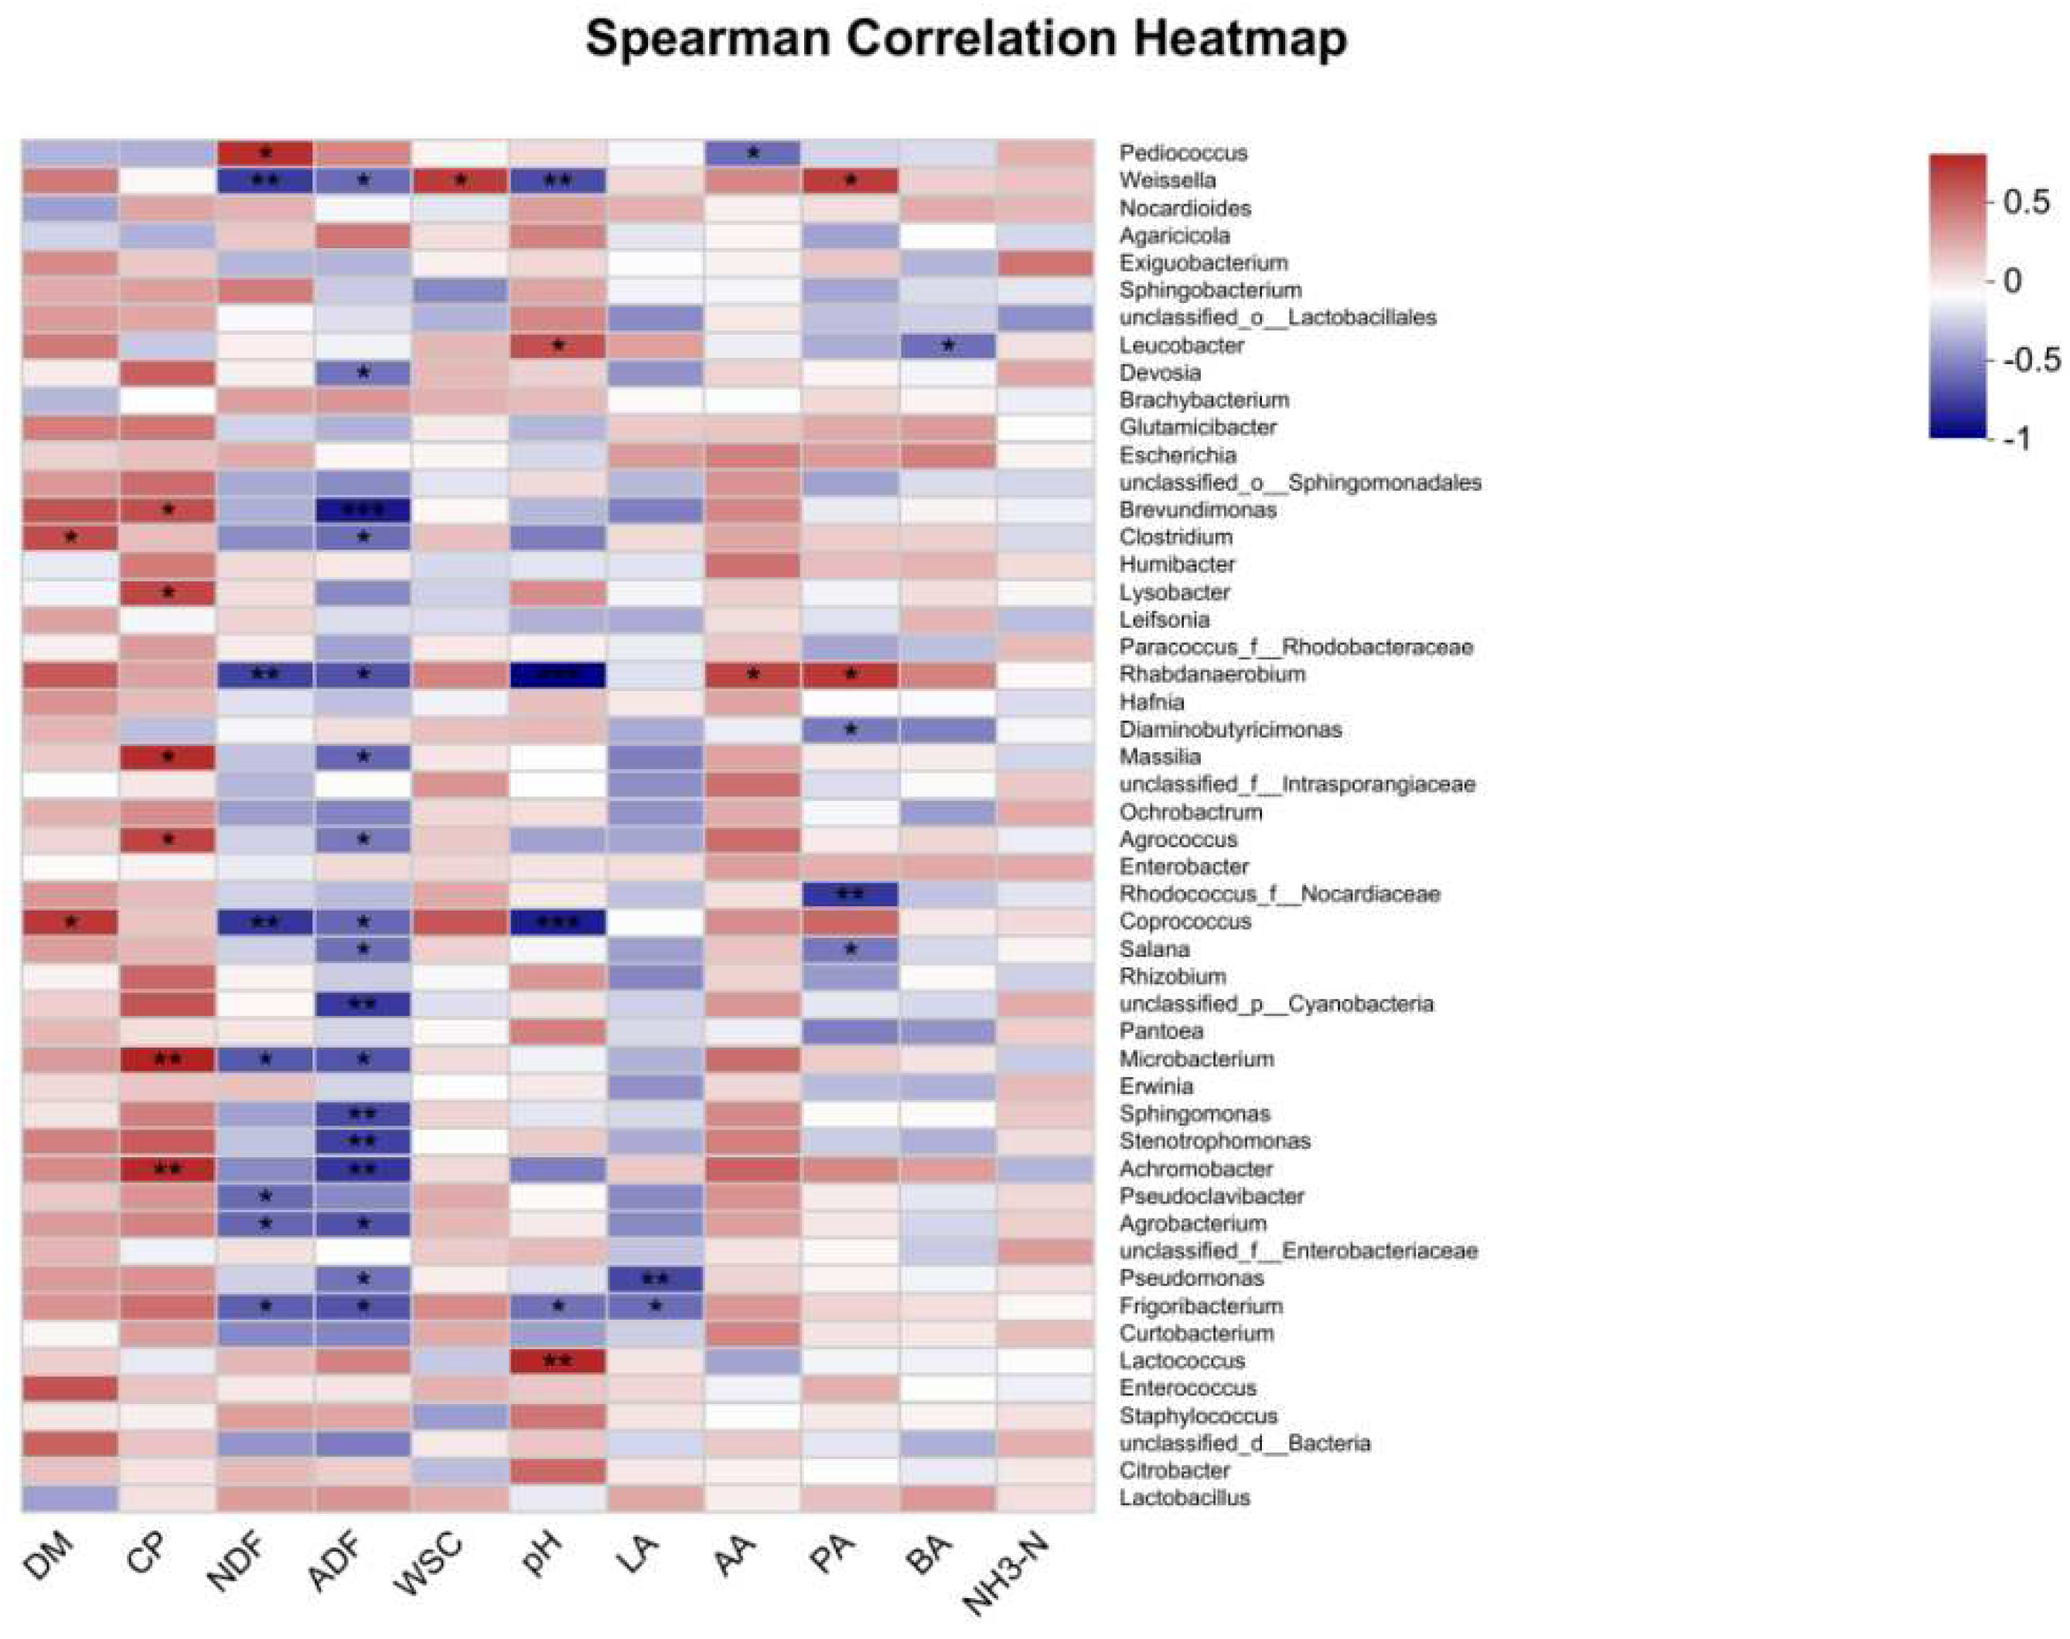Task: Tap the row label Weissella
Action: (x=1167, y=180)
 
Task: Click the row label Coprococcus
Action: (x=1185, y=922)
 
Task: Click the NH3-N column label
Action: (x=1008, y=1574)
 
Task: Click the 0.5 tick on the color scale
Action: (x=2026, y=202)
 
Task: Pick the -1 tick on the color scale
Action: (x=2018, y=439)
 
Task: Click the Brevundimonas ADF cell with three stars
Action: (x=363, y=509)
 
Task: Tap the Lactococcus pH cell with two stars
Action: (x=558, y=1361)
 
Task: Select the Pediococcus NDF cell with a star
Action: (x=266, y=152)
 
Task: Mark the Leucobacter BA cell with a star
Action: (x=948, y=345)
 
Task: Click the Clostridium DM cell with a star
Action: (x=70, y=537)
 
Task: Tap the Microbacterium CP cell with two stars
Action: (x=168, y=1059)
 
